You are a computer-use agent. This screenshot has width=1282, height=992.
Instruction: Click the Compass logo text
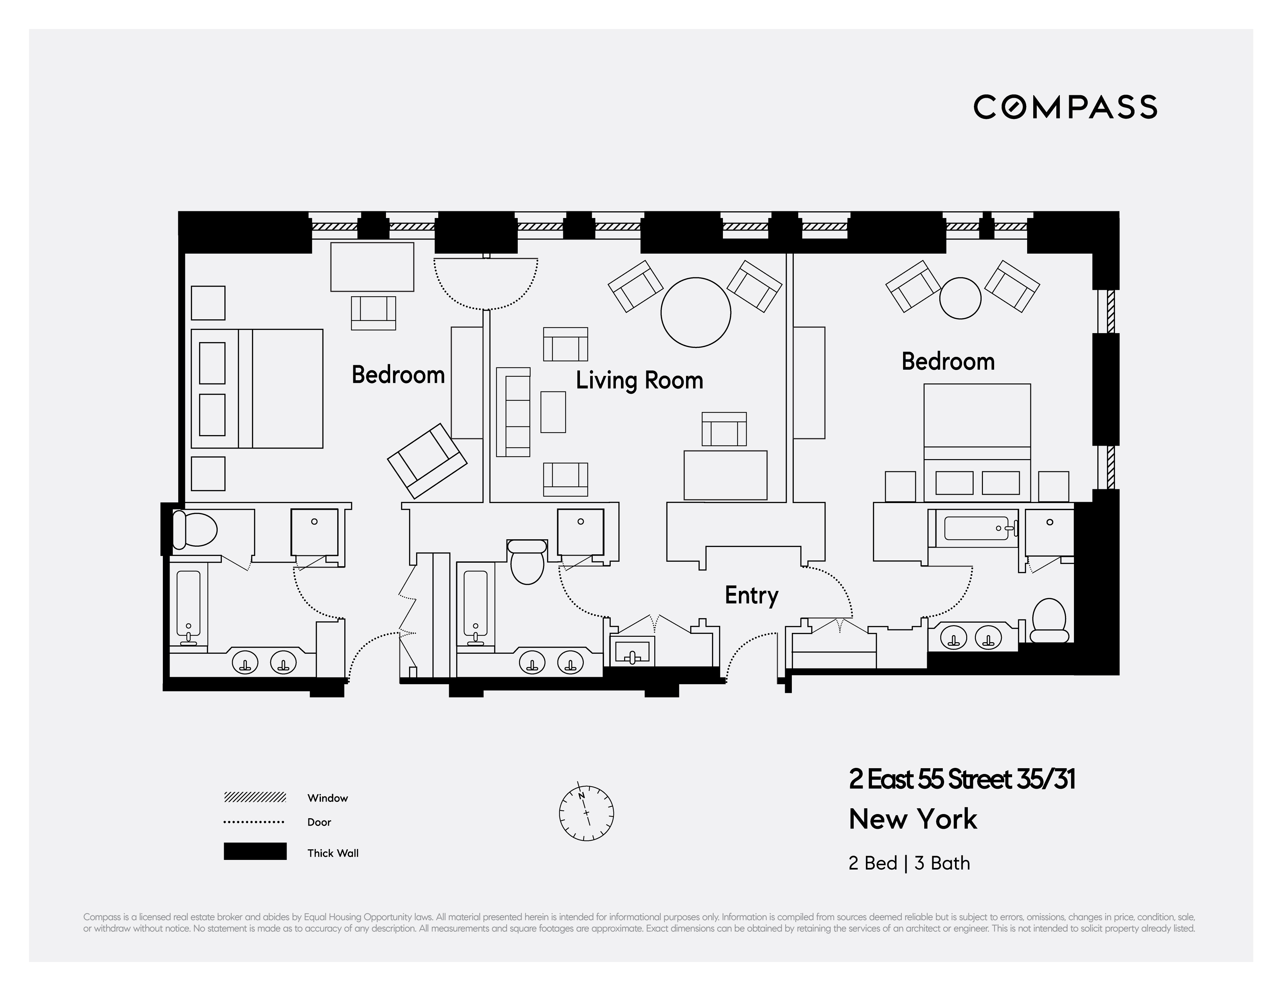point(1065,107)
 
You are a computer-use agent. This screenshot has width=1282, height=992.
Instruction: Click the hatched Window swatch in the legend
point(255,797)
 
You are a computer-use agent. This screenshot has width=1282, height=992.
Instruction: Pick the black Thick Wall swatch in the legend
point(255,851)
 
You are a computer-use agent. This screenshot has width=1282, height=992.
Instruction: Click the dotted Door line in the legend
point(255,822)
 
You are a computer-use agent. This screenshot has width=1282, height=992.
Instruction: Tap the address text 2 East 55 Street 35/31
point(961,779)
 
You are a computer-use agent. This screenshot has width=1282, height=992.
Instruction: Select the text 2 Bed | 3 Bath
point(909,863)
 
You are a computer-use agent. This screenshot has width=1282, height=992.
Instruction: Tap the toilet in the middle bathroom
point(527,562)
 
